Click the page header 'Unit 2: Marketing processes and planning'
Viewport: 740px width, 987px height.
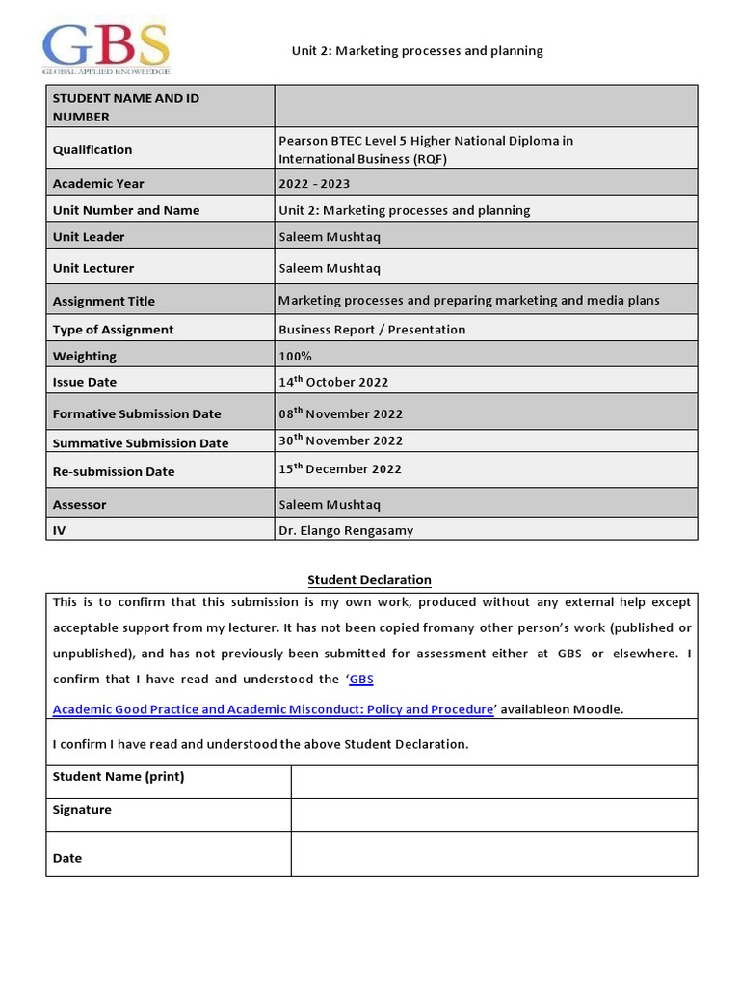[417, 51]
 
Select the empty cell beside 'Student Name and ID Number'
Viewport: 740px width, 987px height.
[486, 106]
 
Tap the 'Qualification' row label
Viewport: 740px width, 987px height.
[92, 149]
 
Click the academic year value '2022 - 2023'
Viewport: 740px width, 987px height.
[314, 183]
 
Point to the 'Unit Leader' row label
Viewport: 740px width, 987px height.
[89, 237]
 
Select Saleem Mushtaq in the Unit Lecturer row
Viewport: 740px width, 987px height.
[323, 268]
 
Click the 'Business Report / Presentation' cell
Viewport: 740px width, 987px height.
[372, 330]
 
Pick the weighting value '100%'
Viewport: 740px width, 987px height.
[295, 356]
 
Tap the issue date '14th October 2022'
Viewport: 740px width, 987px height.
[333, 382]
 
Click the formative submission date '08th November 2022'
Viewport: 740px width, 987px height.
[340, 413]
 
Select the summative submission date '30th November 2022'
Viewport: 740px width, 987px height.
[340, 440]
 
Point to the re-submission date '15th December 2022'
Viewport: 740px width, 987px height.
[340, 469]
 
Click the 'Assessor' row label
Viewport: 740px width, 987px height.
[80, 504]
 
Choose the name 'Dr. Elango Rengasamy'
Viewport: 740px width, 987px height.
[346, 530]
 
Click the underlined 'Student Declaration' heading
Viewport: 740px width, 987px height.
[369, 580]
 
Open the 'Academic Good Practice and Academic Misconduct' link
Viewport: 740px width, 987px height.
[273, 709]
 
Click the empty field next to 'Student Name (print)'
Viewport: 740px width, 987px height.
[493, 782]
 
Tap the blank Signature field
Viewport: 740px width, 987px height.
[493, 814]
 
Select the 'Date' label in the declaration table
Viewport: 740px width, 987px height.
[67, 858]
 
